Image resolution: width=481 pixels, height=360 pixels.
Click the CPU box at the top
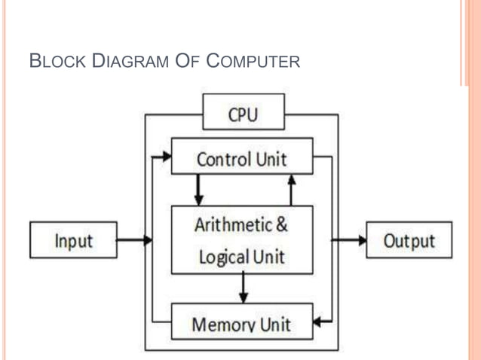(243, 113)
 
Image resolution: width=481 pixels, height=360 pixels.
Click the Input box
(73, 241)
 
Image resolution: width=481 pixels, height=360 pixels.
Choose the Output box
(409, 241)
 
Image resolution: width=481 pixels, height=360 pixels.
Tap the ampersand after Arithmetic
(281, 224)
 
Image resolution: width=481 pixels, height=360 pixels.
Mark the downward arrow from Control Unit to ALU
(198, 191)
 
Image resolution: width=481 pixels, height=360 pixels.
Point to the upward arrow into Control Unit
(292, 188)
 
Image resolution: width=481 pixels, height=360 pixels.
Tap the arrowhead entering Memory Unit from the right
(318, 322)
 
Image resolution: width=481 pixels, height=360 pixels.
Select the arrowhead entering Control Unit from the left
(166, 157)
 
